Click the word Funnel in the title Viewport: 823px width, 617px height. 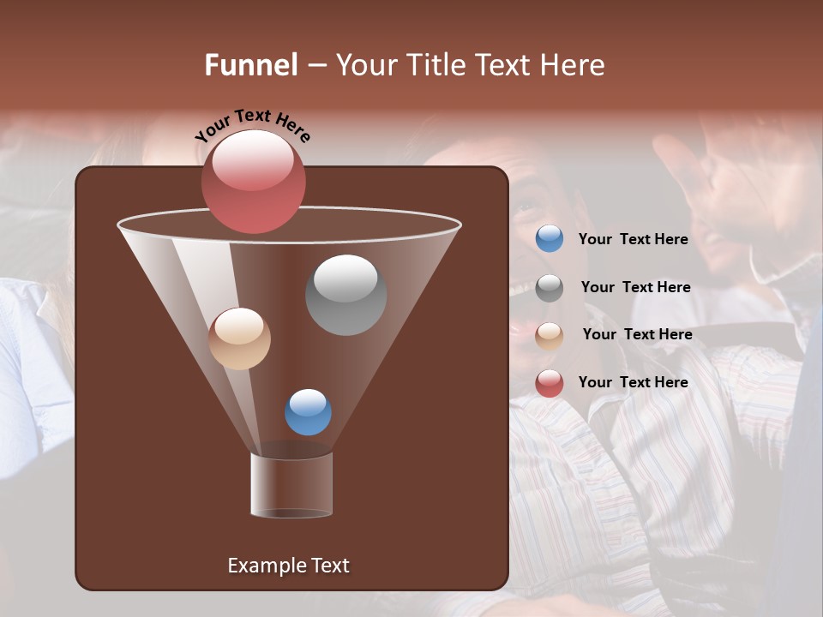[250, 64]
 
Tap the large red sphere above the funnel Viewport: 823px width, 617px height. [253, 181]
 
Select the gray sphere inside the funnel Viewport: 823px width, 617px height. [345, 295]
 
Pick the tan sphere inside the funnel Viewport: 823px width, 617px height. [239, 338]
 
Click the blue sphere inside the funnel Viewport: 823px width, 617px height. [308, 412]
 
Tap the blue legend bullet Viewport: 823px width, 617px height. [550, 239]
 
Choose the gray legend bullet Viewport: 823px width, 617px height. [550, 287]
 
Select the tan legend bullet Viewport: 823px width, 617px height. [550, 335]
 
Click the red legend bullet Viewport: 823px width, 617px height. [550, 383]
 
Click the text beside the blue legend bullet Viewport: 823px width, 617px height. [633, 239]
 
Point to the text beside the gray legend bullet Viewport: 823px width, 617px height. [635, 287]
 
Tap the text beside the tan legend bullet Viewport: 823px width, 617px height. [637, 334]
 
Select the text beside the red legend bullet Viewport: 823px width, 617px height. [633, 382]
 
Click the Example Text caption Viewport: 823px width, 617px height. [288, 566]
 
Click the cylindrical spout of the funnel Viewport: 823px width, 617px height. [291, 486]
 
